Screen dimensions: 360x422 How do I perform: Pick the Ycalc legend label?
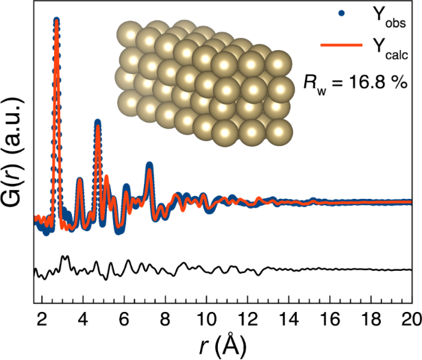(392, 49)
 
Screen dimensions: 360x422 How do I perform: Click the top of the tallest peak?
(56, 21)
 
